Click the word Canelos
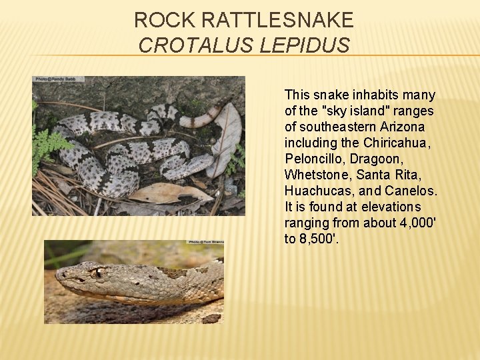[x=411, y=191]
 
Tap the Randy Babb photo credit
[x=59, y=79]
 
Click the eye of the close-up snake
[x=97, y=272]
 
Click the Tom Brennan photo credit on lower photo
[x=205, y=243]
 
